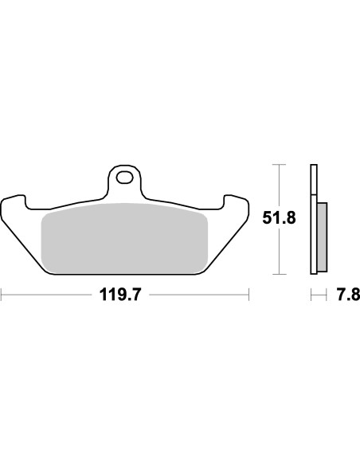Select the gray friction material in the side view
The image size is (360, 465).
click(x=322, y=236)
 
